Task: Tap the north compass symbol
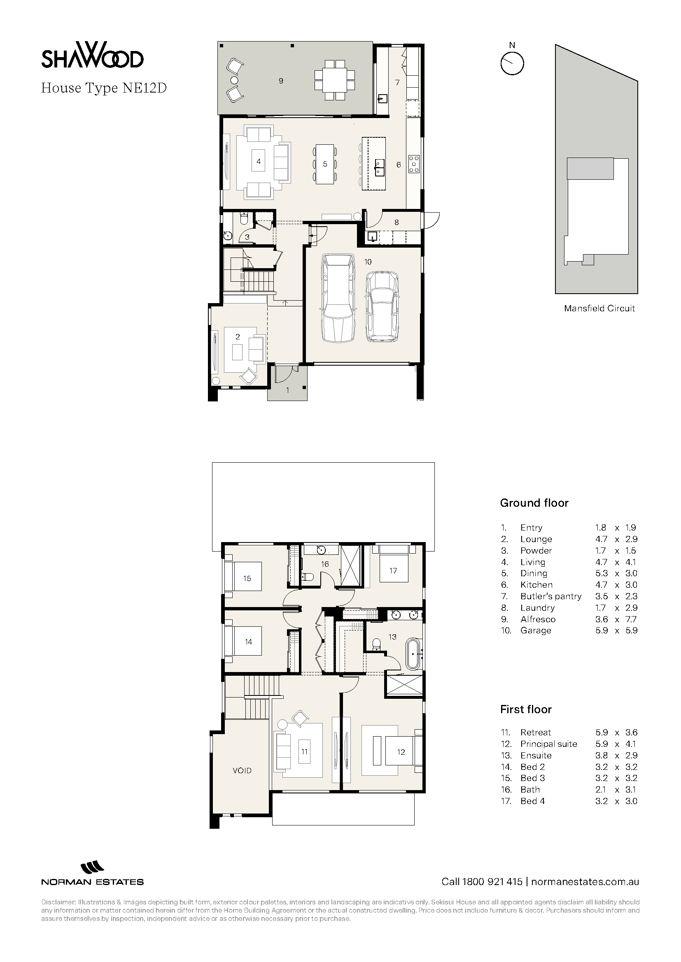512,63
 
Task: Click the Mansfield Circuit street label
599,308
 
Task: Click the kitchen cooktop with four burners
414,164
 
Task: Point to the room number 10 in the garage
368,262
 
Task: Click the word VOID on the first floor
242,770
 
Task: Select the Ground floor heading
534,503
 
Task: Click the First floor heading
526,709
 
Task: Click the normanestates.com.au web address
585,881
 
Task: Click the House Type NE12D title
104,88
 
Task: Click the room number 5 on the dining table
325,164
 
